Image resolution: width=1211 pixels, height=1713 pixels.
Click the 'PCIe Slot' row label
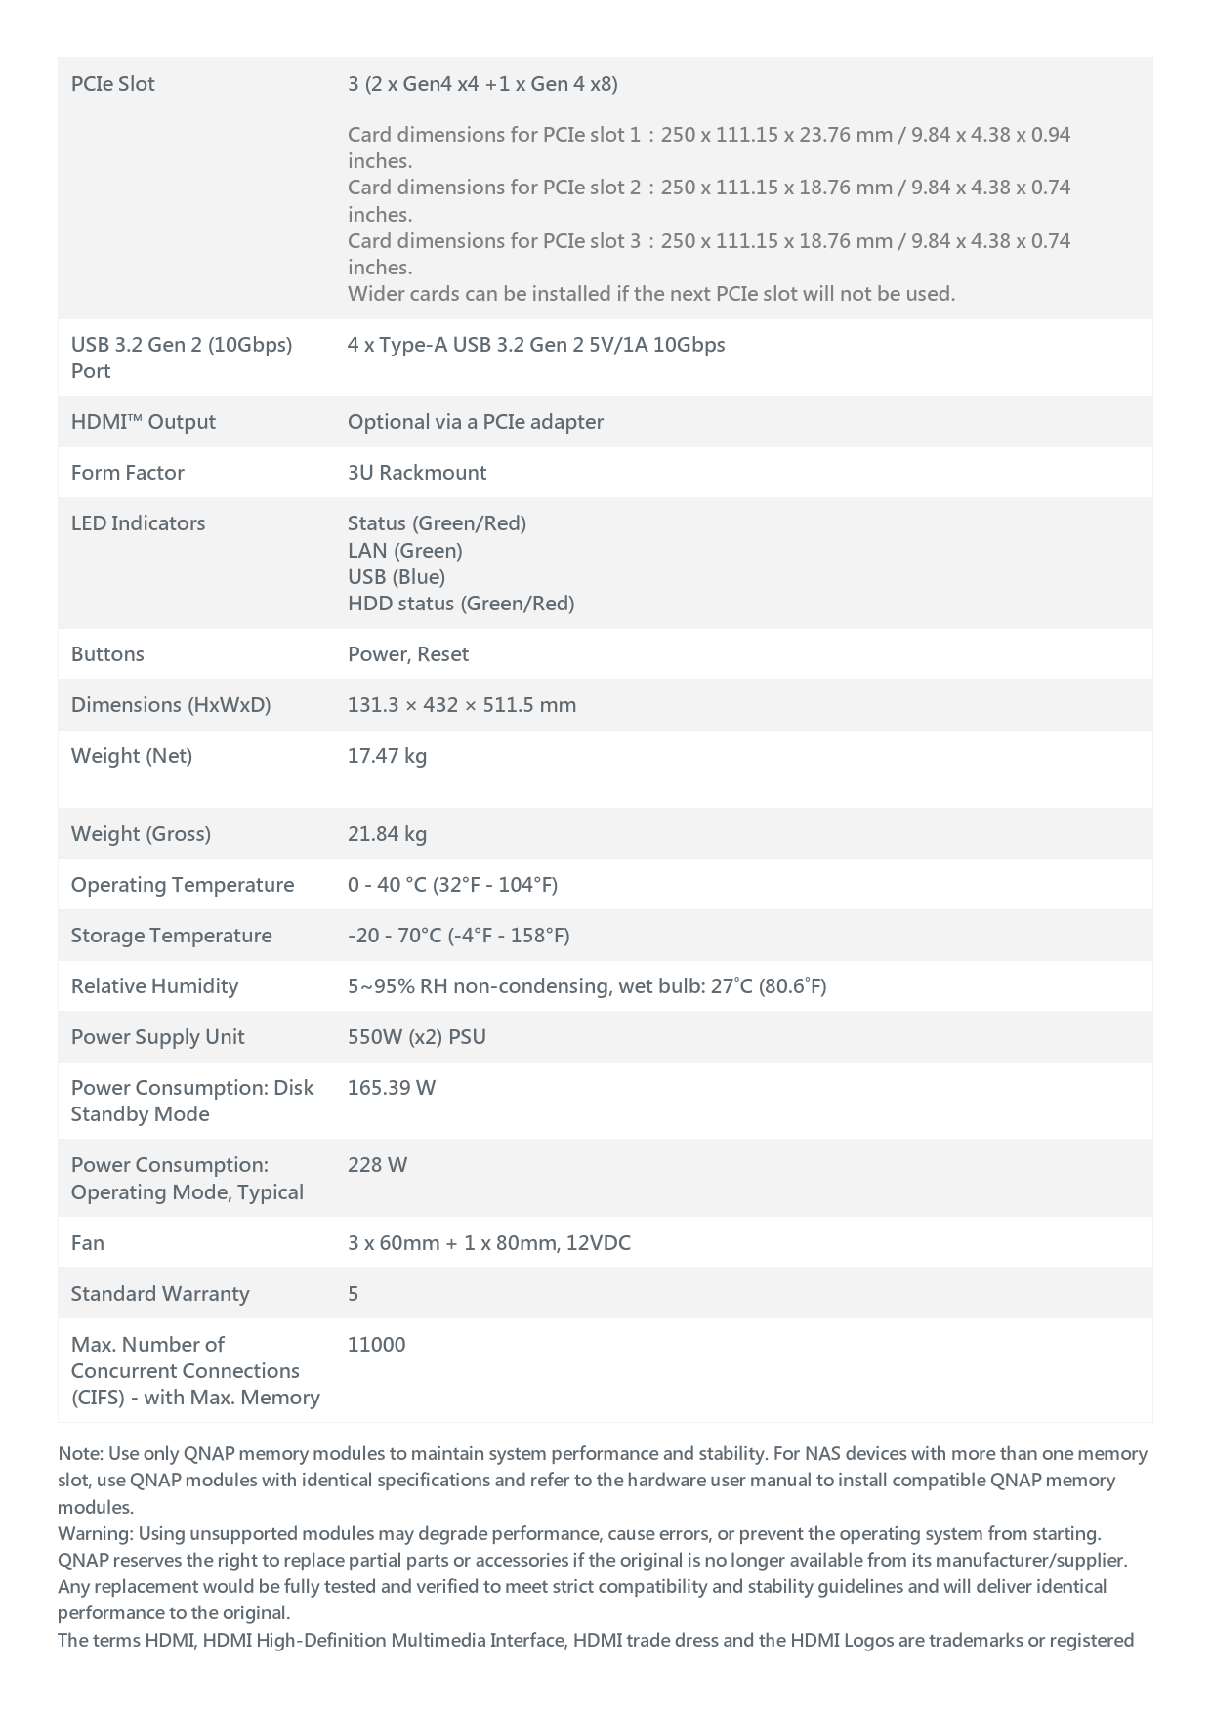(112, 84)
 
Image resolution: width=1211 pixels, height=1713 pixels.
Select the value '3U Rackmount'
(416, 473)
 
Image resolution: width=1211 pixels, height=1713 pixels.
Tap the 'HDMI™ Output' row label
(143, 422)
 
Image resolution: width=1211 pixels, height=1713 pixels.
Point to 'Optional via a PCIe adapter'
(475, 422)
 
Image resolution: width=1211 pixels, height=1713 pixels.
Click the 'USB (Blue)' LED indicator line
(396, 577)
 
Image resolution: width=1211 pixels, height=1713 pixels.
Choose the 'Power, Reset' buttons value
(407, 654)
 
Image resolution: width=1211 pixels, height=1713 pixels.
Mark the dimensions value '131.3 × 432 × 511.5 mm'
(461, 705)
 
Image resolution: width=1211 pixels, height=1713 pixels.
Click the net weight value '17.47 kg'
(387, 756)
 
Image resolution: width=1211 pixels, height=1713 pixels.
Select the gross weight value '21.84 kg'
(387, 834)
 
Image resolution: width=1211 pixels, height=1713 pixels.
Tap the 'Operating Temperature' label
(182, 885)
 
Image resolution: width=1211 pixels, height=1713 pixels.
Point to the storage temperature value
(458, 936)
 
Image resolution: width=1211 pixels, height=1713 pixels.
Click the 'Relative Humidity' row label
(154, 986)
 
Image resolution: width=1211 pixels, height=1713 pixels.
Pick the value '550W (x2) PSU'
(416, 1037)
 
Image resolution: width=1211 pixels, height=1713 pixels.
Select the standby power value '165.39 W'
(391, 1088)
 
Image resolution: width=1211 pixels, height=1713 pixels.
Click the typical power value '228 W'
(377, 1165)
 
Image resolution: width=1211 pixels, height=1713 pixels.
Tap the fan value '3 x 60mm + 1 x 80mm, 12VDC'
(488, 1243)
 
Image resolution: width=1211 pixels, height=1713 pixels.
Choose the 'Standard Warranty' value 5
(353, 1294)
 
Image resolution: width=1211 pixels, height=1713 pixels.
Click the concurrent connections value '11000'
(376, 1345)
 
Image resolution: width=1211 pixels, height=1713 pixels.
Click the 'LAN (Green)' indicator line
(404, 551)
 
